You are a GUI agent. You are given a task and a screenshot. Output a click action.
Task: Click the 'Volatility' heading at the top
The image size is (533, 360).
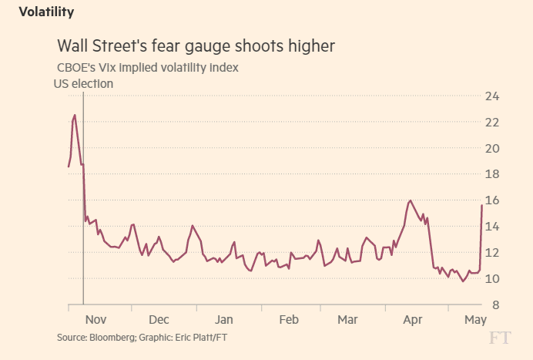click(x=46, y=12)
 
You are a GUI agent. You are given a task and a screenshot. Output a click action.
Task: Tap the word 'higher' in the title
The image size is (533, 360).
click(x=308, y=46)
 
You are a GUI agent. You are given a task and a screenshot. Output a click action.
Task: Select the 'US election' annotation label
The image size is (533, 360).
click(x=82, y=83)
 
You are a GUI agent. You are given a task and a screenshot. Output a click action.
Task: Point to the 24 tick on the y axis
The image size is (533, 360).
click(x=492, y=96)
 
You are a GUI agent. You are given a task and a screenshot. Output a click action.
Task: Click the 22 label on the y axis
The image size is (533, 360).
click(x=492, y=123)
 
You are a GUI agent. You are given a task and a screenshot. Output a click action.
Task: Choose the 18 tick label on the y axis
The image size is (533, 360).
click(x=492, y=174)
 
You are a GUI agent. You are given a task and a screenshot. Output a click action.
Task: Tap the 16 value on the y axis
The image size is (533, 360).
click(x=492, y=200)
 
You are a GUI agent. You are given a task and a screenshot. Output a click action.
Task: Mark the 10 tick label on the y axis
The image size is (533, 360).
click(x=492, y=278)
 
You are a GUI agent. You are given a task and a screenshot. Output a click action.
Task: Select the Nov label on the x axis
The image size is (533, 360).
click(x=96, y=319)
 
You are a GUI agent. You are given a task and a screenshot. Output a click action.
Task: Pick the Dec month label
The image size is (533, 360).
click(x=159, y=319)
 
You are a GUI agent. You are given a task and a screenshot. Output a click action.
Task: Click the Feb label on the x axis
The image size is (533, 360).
click(x=288, y=319)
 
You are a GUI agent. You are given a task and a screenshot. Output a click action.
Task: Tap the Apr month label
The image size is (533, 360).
click(x=413, y=319)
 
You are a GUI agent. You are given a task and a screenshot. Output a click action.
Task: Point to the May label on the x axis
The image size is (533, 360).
click(x=474, y=319)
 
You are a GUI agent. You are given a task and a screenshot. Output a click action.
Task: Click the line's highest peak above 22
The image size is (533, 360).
click(x=75, y=115)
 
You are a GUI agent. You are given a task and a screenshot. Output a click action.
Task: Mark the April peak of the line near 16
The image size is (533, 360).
click(x=410, y=200)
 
